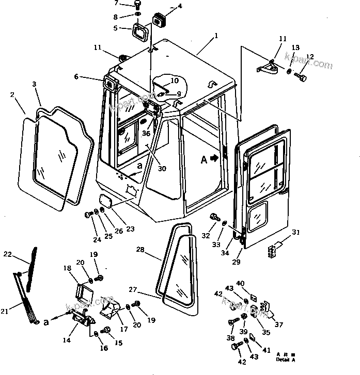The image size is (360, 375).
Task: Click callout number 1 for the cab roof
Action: [x=216, y=36]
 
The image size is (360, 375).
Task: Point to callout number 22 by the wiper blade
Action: [x=7, y=254]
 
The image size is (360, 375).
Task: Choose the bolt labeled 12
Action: [x=302, y=78]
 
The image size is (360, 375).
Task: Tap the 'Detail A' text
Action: [x=286, y=359]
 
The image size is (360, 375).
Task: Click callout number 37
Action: [x=279, y=324]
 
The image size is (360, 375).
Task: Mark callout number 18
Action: [x=68, y=268]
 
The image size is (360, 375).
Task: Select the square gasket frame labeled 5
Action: [x=141, y=32]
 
